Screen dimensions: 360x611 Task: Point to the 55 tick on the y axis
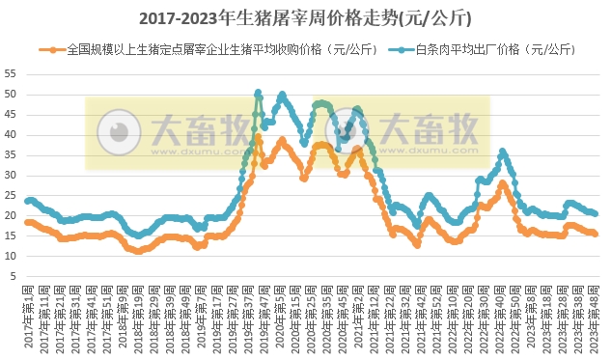tap(11, 73)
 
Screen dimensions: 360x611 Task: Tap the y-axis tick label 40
tap(11, 134)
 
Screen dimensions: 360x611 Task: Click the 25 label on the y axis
tap(11, 195)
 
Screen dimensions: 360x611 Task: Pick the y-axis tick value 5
tap(14, 276)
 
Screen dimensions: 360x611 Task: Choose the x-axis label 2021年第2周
tap(359, 318)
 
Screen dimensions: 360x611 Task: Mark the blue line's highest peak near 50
tap(259, 93)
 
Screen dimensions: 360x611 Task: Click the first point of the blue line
tap(26, 201)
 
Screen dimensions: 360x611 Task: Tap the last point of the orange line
tap(596, 234)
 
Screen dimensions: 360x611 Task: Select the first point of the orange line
tap(26, 222)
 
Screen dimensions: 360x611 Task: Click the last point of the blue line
tap(596, 213)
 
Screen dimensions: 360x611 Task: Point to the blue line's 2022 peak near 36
tap(502, 151)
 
